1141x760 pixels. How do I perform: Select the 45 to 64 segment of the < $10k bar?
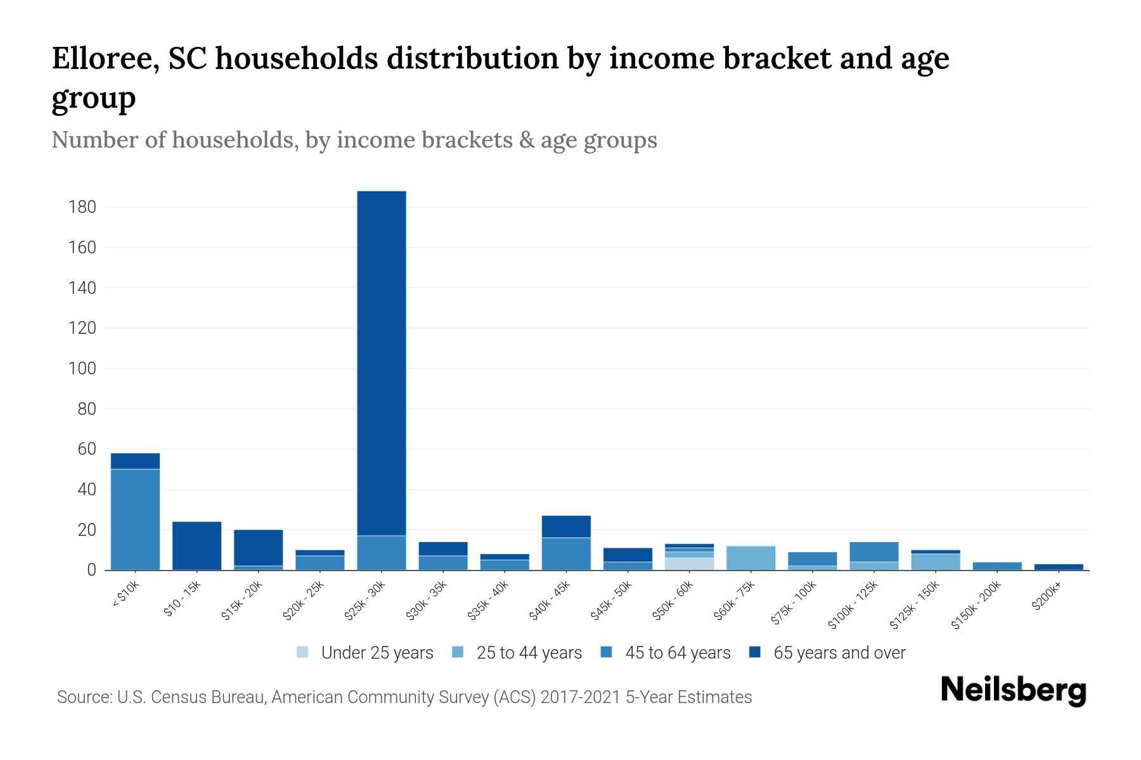pyautogui.click(x=135, y=519)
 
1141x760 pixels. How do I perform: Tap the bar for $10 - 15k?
pyautogui.click(x=197, y=545)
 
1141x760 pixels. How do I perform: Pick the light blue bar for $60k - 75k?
pyautogui.click(x=751, y=558)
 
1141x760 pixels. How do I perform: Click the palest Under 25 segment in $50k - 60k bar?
pyautogui.click(x=690, y=564)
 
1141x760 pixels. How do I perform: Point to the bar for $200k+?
pyautogui.click(x=1059, y=567)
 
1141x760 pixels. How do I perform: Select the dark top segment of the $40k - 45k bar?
pyautogui.click(x=566, y=526)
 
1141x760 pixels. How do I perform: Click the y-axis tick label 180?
pyautogui.click(x=82, y=207)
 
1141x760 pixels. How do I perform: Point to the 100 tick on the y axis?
pyautogui.click(x=82, y=369)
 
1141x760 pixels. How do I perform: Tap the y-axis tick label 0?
pyautogui.click(x=91, y=570)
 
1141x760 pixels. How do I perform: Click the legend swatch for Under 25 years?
pyautogui.click(x=303, y=652)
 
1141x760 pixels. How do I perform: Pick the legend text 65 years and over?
pyautogui.click(x=839, y=653)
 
